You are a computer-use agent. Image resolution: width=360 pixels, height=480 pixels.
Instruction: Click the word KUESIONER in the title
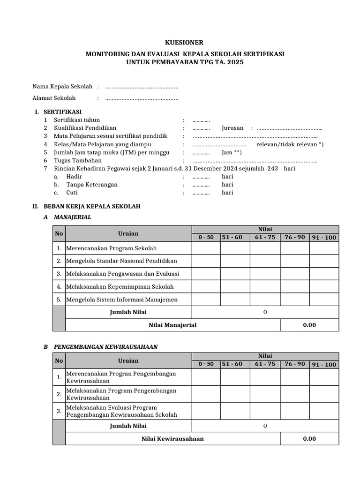[185, 42]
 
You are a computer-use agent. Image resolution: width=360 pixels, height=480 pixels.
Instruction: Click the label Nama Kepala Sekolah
[62, 87]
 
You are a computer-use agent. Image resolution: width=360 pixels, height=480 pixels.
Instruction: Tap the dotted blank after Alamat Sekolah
[142, 98]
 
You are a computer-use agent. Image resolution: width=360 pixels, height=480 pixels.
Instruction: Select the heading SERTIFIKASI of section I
[62, 112]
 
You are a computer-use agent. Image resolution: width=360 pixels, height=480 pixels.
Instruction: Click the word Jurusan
[232, 128]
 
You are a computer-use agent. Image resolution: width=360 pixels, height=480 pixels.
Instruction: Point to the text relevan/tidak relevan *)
[290, 144]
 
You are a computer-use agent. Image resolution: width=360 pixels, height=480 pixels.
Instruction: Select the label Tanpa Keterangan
[92, 185]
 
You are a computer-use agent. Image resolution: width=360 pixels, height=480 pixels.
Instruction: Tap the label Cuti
[72, 193]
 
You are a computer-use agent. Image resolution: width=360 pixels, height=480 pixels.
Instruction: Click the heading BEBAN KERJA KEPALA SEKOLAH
[92, 206]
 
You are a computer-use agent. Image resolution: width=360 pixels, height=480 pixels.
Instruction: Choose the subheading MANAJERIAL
[73, 217]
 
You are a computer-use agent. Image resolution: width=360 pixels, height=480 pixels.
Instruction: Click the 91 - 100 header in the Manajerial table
[324, 238]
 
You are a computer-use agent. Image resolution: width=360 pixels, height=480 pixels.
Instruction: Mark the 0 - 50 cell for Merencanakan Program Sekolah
[206, 248]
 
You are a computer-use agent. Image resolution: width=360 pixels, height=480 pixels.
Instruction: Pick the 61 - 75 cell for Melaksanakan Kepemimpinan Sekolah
[265, 286]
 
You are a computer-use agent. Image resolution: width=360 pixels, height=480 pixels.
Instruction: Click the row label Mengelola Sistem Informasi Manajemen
[122, 300]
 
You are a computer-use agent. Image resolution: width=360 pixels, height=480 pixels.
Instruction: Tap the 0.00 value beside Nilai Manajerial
[309, 325]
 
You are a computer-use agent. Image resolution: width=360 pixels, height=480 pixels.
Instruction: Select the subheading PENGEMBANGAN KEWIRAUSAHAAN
[106, 347]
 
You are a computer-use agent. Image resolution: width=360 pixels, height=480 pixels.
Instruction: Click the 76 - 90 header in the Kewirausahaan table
[294, 364]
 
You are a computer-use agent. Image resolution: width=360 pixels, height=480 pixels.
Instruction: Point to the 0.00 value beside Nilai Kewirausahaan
[309, 439]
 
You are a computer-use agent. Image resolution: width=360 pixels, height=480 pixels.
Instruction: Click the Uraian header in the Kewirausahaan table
[128, 360]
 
